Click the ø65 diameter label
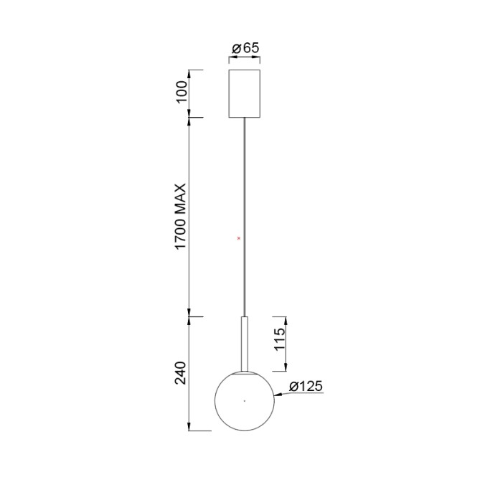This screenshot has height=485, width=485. pos(245,48)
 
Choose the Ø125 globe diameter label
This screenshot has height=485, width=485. pos(306,387)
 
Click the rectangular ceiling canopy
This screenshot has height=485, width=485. pos(245,93)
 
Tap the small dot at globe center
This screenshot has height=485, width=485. pos(245,400)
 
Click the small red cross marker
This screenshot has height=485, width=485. pos(239,237)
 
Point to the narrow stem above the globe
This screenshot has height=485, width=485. pos(245,344)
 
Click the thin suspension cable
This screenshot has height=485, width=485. pos(245,215)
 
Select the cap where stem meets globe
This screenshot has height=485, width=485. pos(245,372)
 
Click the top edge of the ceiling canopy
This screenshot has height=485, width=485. pos(245,70)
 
